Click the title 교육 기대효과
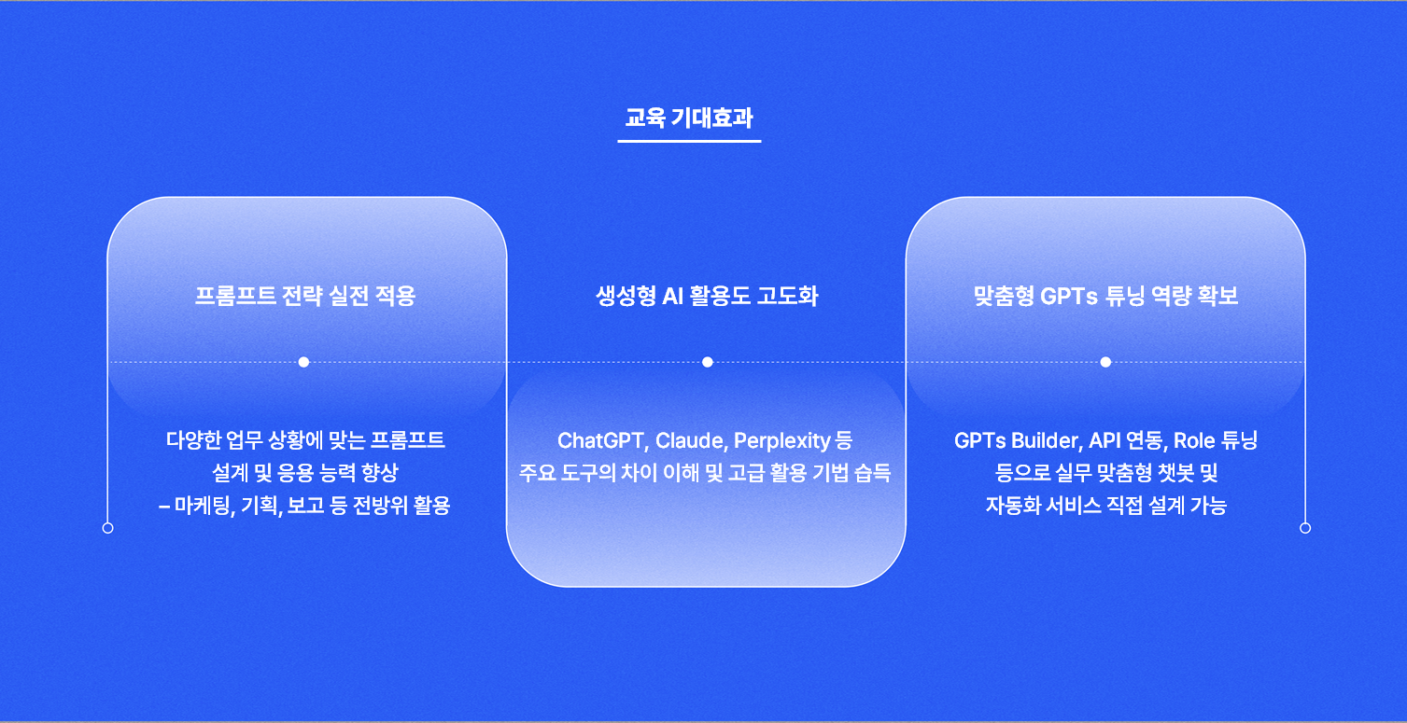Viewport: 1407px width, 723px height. pyautogui.click(x=689, y=118)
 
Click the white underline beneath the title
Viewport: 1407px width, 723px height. pyautogui.click(x=689, y=141)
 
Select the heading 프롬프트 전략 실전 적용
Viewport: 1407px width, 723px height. pyautogui.click(x=305, y=296)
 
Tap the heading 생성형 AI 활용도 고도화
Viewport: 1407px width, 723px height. pyautogui.click(x=707, y=296)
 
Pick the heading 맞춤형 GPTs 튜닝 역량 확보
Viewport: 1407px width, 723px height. pyautogui.click(x=1105, y=296)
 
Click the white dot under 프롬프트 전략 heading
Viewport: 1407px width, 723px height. pyautogui.click(x=303, y=362)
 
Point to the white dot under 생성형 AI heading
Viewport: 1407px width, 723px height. pyautogui.click(x=708, y=362)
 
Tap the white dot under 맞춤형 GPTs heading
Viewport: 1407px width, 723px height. pyautogui.click(x=1105, y=362)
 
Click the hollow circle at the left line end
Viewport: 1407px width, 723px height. pyautogui.click(x=108, y=528)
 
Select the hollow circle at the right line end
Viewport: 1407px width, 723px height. pyautogui.click(x=1305, y=528)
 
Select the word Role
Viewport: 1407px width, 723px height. pyautogui.click(x=1194, y=440)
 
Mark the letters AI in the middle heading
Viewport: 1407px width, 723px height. pyautogui.click(x=673, y=297)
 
